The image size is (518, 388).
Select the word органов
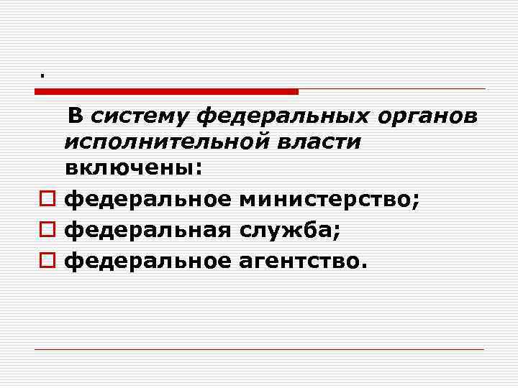[434, 116]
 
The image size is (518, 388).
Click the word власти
[321, 142]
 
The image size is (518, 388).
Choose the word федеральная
[147, 229]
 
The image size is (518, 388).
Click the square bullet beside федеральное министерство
[47, 198]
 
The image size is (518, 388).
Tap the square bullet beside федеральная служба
[47, 230]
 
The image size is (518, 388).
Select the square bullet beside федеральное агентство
[47, 262]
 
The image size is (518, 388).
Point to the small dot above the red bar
[42, 75]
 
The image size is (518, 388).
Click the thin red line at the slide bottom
[259, 349]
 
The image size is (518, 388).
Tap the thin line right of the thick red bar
[392, 89]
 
